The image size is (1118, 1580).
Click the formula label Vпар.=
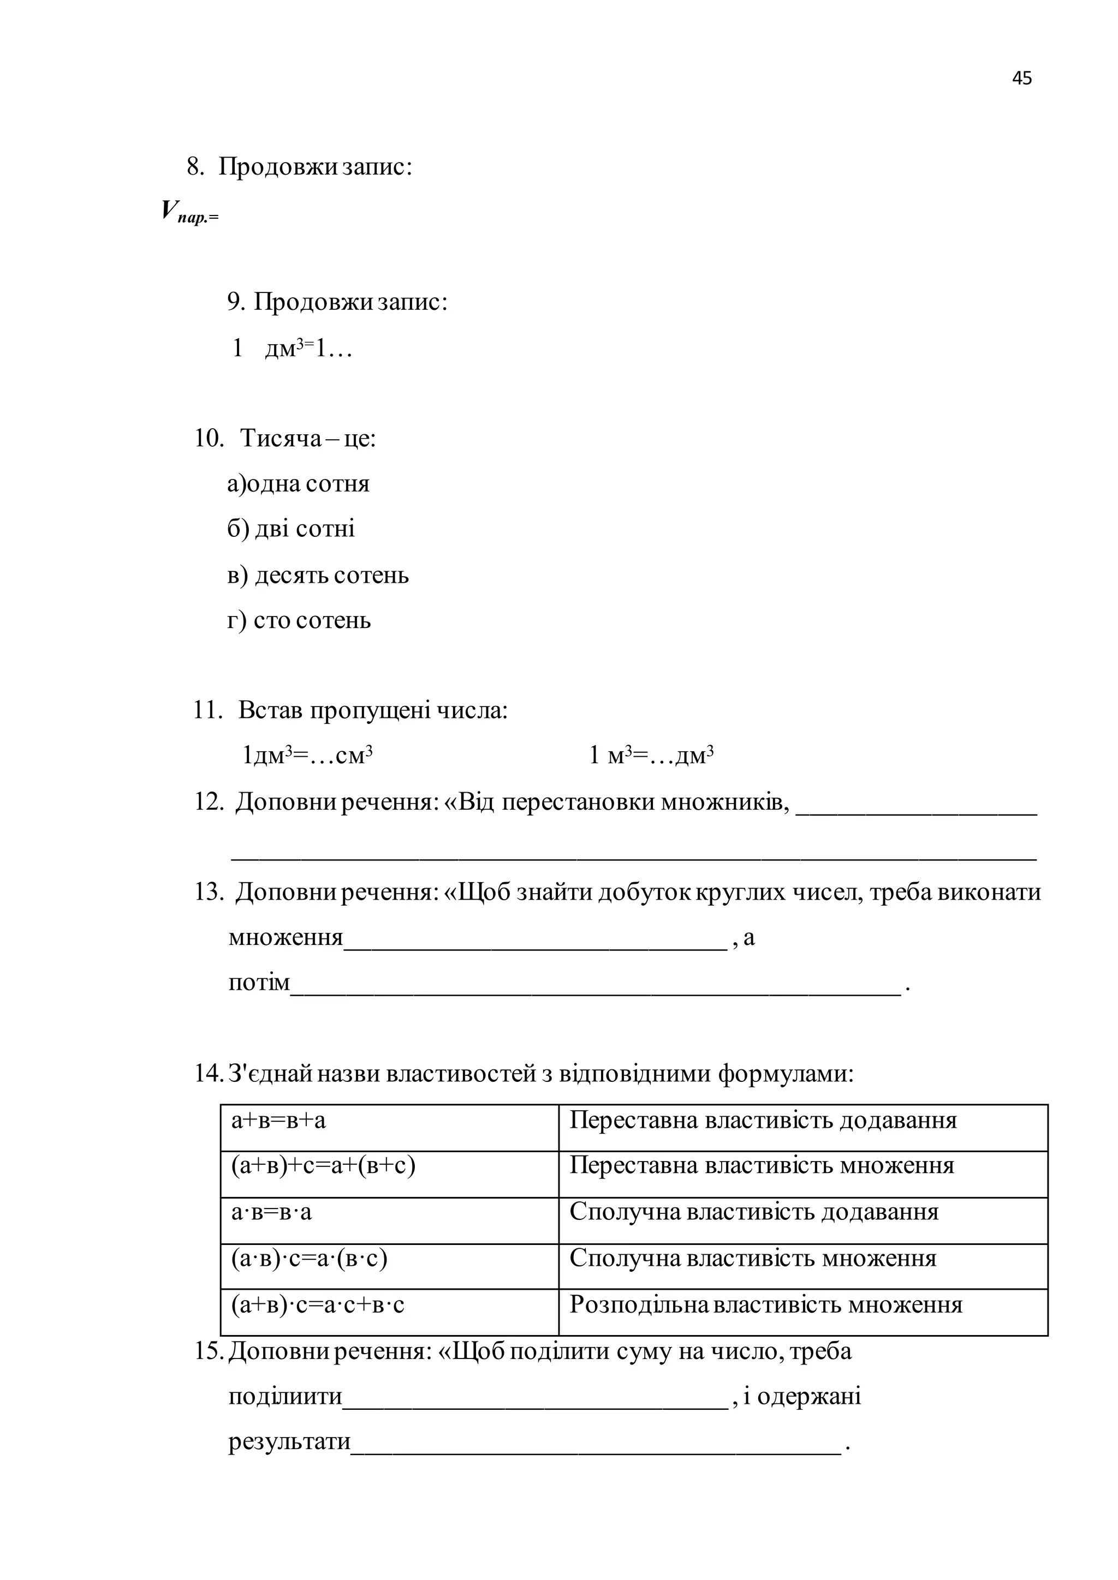[x=189, y=211]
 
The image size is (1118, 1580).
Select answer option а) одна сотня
[x=298, y=484]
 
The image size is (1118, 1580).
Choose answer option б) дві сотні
[x=291, y=529]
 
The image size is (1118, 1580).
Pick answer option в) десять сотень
[x=318, y=575]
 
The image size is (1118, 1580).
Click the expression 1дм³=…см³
[x=307, y=756]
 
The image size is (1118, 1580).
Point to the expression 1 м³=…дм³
[x=651, y=756]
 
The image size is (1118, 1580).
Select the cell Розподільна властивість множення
[x=765, y=1304]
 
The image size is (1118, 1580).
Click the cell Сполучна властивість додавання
[x=754, y=1212]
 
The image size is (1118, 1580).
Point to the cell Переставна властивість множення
[x=762, y=1166]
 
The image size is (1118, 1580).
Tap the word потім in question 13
[x=259, y=983]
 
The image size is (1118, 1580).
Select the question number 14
[x=207, y=1074]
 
